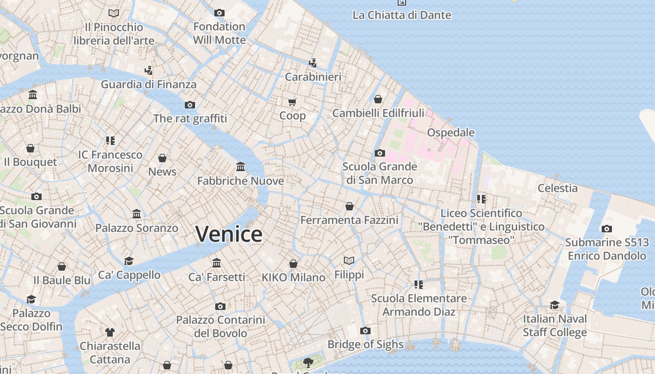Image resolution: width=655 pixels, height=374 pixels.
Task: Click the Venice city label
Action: [x=229, y=234]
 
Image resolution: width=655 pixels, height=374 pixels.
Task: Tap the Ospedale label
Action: [x=451, y=132]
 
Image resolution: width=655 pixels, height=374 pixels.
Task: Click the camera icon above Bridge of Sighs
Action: [x=365, y=331]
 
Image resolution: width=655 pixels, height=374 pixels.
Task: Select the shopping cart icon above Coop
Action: [x=292, y=102]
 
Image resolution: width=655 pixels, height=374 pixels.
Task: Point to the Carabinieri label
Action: [x=313, y=77]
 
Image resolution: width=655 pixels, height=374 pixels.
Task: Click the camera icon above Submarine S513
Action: [x=607, y=229]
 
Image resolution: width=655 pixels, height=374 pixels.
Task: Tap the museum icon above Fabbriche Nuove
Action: [x=240, y=167]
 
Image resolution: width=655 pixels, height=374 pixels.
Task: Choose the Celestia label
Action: [x=557, y=188]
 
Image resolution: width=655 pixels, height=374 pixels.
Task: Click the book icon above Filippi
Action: [x=349, y=260]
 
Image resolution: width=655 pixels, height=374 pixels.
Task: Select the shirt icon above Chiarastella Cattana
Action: [x=110, y=332]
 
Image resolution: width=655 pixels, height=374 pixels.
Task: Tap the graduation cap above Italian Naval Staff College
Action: [x=554, y=305]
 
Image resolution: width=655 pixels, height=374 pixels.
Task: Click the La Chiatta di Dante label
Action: [x=402, y=15]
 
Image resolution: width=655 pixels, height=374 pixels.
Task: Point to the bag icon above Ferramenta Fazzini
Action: [x=349, y=206]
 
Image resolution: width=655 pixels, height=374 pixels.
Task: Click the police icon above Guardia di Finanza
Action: [x=149, y=71]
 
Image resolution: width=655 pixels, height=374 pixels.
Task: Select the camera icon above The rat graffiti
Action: [x=189, y=105]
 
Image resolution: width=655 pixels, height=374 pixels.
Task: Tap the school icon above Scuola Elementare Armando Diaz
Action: [x=419, y=284]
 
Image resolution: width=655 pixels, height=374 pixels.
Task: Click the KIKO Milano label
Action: [x=293, y=277]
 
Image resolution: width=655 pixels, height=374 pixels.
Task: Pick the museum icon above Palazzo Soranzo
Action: [x=137, y=214]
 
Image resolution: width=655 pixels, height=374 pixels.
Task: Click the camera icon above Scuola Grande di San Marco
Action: [x=380, y=153]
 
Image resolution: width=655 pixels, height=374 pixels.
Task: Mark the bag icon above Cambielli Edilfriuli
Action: [x=378, y=99]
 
